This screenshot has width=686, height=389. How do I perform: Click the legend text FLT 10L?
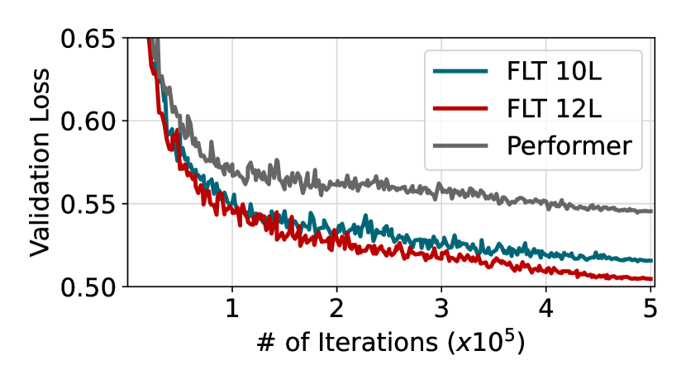point(555,70)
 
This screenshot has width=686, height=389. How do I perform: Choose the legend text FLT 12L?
point(555,108)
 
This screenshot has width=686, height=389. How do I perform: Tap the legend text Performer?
point(569,146)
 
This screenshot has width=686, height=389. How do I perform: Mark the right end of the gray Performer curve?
point(651,211)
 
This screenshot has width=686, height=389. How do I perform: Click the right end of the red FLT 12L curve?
point(651,279)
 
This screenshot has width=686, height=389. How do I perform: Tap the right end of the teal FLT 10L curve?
point(651,261)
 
